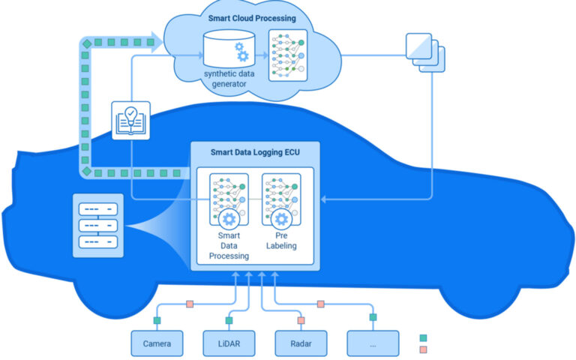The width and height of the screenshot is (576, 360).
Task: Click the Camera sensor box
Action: (x=157, y=343)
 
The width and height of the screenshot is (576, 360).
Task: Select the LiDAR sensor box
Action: (x=229, y=343)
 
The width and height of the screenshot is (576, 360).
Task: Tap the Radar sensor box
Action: (x=301, y=343)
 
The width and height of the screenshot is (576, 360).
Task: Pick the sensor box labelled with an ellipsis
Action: (x=373, y=343)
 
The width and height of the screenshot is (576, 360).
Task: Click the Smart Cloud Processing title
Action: (x=252, y=18)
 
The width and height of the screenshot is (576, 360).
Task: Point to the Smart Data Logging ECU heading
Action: (x=255, y=152)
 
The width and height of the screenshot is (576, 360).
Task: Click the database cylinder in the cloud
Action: (x=229, y=49)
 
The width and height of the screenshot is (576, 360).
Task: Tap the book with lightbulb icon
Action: (x=130, y=121)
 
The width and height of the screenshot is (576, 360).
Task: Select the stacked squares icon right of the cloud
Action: (x=425, y=52)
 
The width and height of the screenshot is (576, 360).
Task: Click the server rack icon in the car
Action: (x=98, y=226)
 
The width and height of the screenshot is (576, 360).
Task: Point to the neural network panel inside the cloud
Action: (x=288, y=55)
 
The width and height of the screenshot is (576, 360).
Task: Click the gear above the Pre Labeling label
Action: (x=281, y=219)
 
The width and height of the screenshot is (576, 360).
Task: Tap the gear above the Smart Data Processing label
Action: (x=229, y=219)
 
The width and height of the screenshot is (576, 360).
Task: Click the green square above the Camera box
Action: (x=157, y=320)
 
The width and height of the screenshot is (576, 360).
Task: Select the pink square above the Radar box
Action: (x=301, y=320)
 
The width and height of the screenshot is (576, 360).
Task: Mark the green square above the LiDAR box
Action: (x=229, y=320)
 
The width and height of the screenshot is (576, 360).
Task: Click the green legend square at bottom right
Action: (x=423, y=338)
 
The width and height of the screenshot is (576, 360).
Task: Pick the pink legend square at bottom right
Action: (x=423, y=349)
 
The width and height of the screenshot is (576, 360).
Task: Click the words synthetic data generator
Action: (x=229, y=79)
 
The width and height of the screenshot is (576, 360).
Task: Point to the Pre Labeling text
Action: (x=281, y=241)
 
